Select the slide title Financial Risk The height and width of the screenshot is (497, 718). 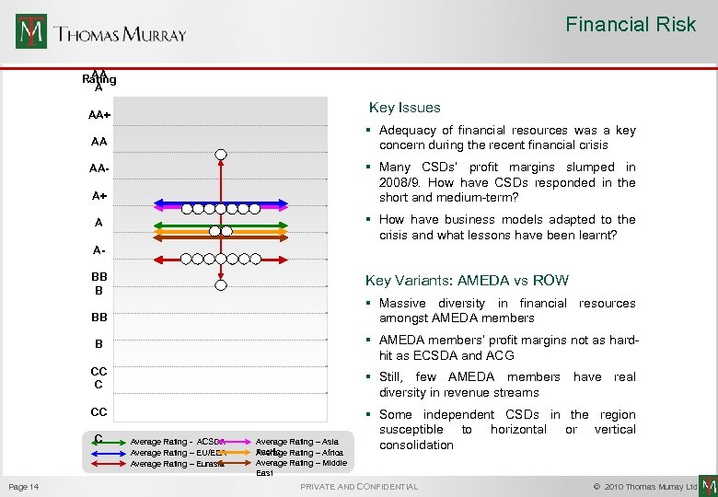pos(631,25)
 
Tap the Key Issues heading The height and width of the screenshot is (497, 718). pos(404,108)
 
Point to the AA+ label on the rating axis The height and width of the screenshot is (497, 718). pos(99,116)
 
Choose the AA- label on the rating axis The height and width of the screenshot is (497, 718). pos(100,169)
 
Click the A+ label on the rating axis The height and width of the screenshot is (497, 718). pos(98,195)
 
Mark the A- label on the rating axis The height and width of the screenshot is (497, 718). pos(98,249)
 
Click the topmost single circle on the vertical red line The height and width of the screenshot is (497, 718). pos(220,155)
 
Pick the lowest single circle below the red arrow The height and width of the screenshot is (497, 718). pos(220,285)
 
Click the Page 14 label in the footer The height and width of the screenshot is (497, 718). pos(23,486)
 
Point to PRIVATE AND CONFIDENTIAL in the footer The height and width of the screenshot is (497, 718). pos(359,486)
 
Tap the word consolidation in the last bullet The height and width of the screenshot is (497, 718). pos(416,445)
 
